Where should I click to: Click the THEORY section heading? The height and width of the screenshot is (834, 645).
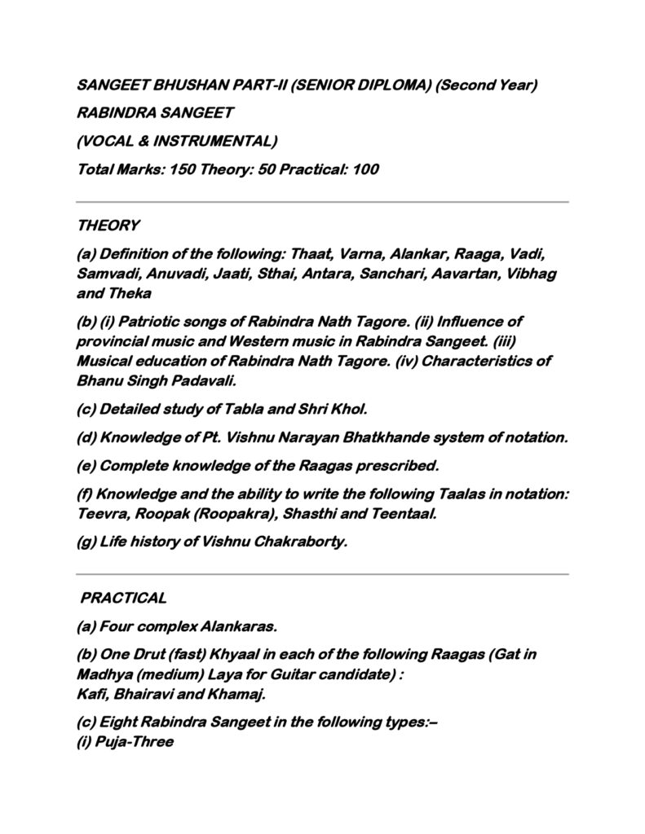click(x=108, y=225)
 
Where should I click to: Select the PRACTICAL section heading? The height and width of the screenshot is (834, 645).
click(x=124, y=598)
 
